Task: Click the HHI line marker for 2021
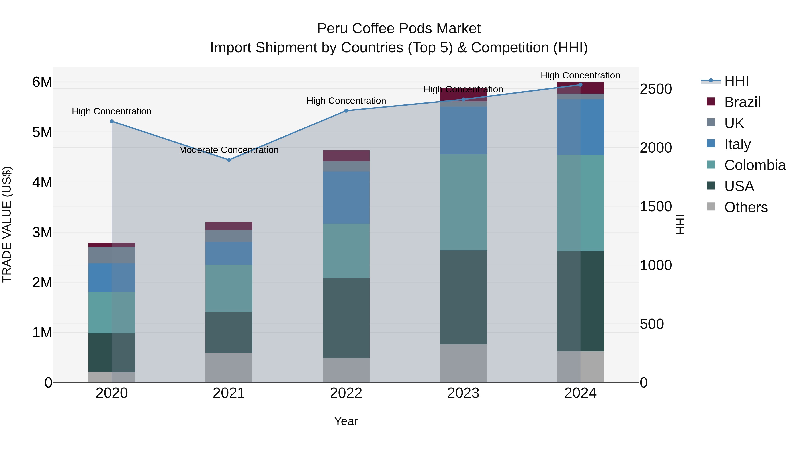coord(229,160)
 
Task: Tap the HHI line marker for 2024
coord(581,85)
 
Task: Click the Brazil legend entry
coord(742,102)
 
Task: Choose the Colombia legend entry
coord(755,165)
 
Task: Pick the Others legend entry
coord(746,207)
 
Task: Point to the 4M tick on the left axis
coord(42,182)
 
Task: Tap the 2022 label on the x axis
coord(346,393)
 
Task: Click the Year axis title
coord(346,421)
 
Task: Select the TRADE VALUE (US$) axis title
coord(7,224)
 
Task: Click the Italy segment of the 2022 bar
coord(346,197)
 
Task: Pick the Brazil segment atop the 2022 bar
coord(346,156)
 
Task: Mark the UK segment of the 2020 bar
coord(112,255)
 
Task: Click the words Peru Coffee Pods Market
coord(399,29)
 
